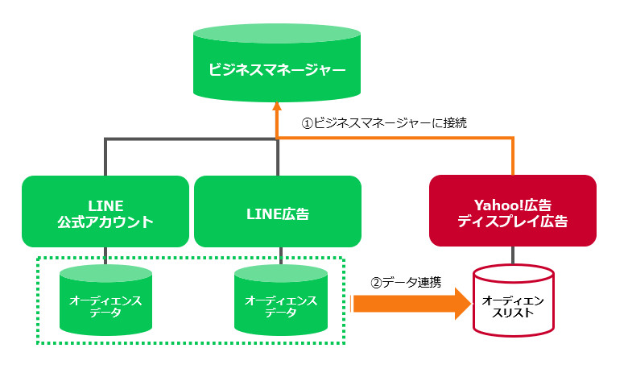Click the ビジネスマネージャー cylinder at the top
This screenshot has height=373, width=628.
point(277,63)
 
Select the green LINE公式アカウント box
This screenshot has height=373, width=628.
point(105,211)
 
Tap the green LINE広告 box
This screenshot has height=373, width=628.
point(278,211)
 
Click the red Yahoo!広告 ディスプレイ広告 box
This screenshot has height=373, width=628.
point(513,210)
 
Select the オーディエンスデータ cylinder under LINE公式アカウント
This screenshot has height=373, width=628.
point(105,300)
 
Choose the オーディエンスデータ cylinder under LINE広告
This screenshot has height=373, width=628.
point(281,300)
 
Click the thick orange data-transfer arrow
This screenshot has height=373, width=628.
point(411,304)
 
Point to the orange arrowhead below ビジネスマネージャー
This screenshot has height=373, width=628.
point(277,106)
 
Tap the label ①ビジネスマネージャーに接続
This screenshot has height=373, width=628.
point(384,122)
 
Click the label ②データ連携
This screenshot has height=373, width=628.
point(406,283)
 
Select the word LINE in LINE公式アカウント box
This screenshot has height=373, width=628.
point(105,206)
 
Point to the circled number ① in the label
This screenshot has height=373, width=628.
point(308,123)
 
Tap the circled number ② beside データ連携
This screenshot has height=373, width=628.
point(376,283)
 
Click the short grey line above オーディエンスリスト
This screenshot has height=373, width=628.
point(513,255)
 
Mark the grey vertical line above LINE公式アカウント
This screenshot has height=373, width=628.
point(105,157)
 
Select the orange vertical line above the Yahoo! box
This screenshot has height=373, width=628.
point(513,156)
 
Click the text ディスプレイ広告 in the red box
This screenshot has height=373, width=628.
point(513,222)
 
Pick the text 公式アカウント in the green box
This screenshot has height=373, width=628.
point(105,222)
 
